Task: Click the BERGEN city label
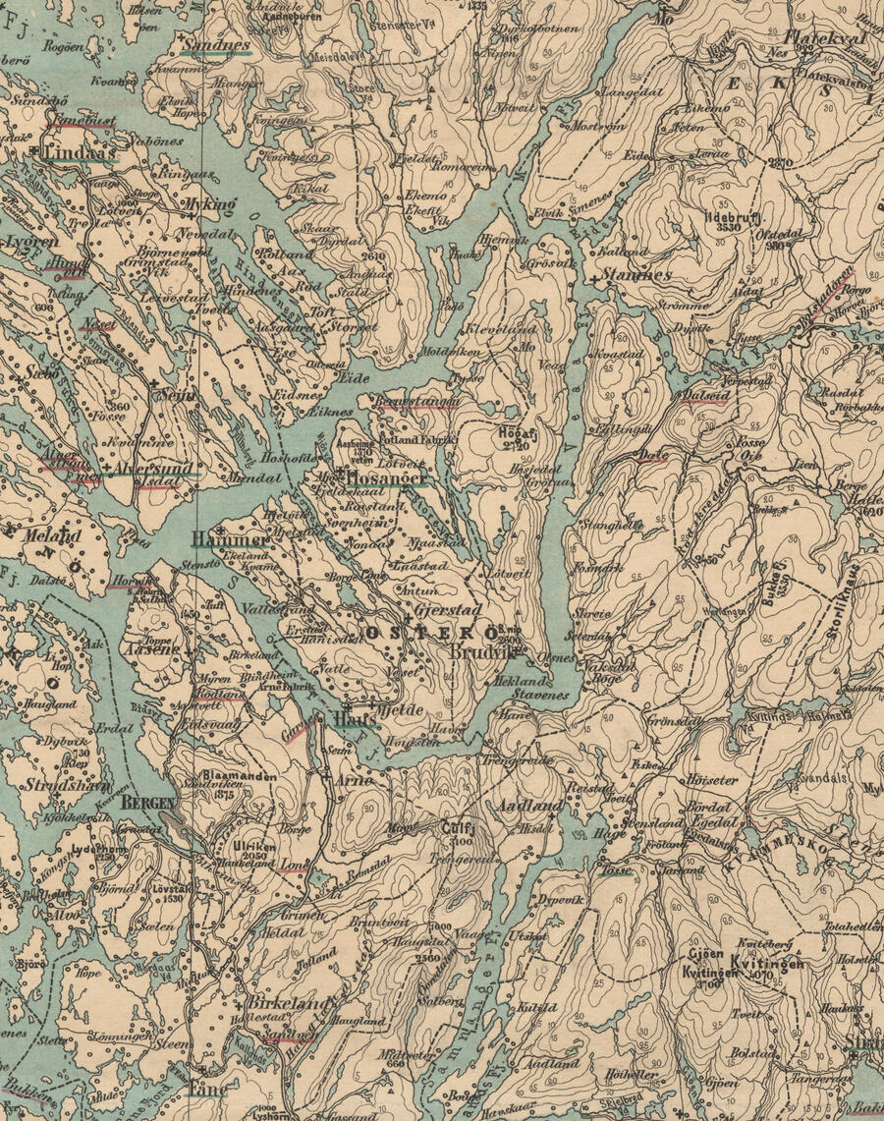[x=147, y=803]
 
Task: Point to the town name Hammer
[x=229, y=539]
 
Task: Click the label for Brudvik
[x=480, y=651]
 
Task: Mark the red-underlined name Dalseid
[x=705, y=394]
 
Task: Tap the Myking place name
[x=210, y=203]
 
